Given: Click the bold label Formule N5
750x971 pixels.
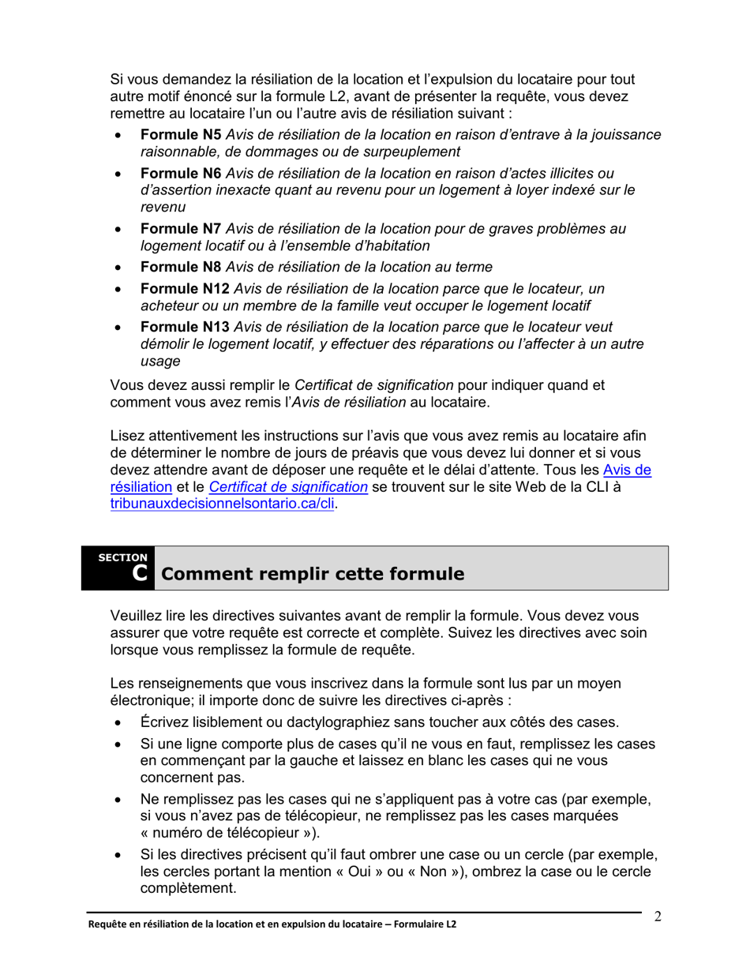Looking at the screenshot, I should click(x=181, y=135).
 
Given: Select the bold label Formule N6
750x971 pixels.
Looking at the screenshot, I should click(x=181, y=174).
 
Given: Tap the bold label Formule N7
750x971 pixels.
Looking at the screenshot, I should click(x=181, y=229).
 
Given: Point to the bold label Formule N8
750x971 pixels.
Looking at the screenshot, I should click(x=181, y=267).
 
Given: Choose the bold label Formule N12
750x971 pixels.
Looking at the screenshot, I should click(x=185, y=289).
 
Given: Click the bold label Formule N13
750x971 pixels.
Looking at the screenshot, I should click(x=185, y=328).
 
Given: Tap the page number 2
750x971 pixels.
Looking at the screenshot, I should click(x=657, y=917).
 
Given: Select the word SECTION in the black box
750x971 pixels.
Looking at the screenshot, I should click(x=122, y=557).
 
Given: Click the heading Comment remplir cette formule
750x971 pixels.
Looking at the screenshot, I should click(x=312, y=574).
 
